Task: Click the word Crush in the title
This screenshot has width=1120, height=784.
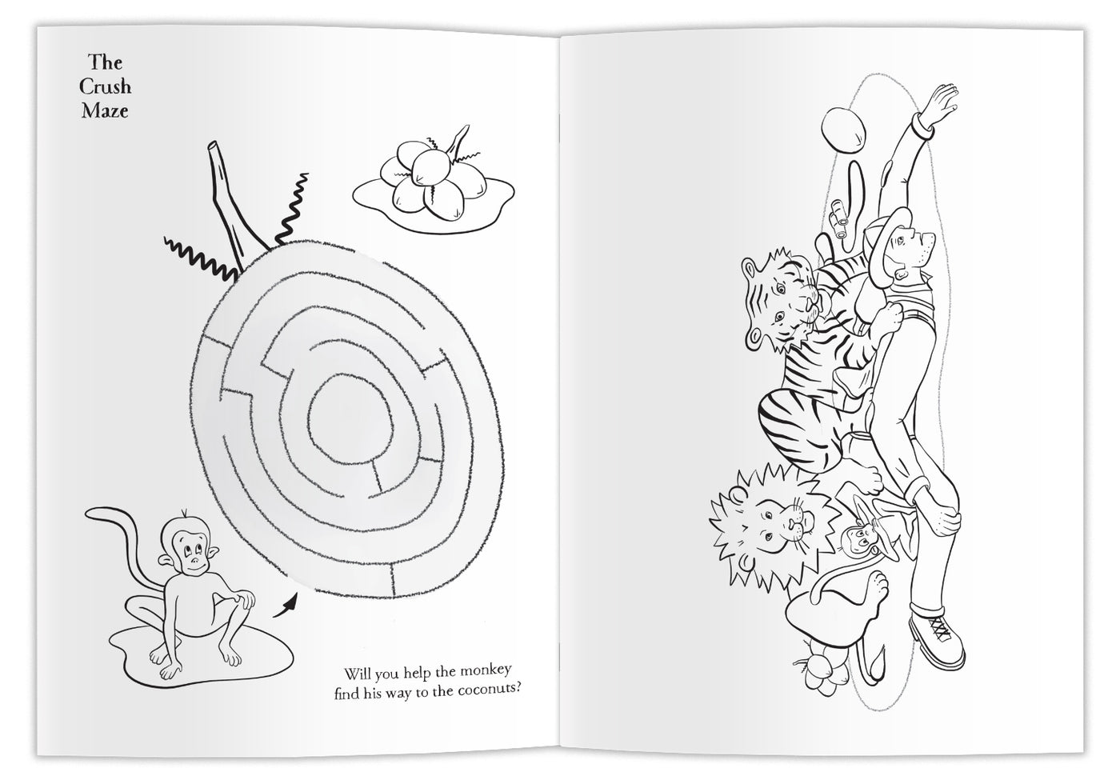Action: tap(105, 86)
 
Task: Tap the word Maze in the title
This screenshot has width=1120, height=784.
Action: tap(105, 110)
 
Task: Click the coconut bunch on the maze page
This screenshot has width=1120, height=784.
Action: tap(433, 180)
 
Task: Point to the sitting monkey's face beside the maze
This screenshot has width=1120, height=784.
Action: tap(193, 549)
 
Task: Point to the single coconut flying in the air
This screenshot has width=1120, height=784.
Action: tap(843, 129)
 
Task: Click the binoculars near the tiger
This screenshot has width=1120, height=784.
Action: tap(841, 220)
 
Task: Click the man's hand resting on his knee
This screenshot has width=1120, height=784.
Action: tap(944, 520)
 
